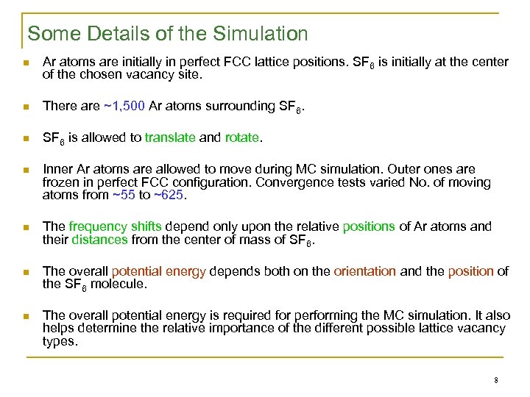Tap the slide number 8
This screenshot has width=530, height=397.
click(497, 380)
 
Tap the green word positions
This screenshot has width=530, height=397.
click(369, 226)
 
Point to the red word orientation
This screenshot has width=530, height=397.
click(364, 271)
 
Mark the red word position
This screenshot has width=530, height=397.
click(471, 271)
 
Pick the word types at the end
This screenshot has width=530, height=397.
click(60, 341)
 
